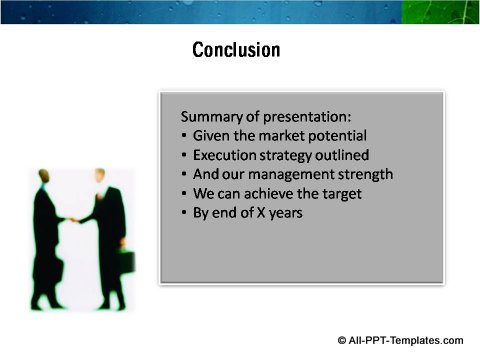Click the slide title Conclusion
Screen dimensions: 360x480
pyautogui.click(x=236, y=49)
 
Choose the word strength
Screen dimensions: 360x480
pyautogui.click(x=360, y=174)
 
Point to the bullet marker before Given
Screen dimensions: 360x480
pyautogui.click(x=186, y=136)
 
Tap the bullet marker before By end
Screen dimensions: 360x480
pyautogui.click(x=186, y=213)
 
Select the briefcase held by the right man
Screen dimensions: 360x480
pyautogui.click(x=127, y=261)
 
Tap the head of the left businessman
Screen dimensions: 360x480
pyautogui.click(x=46, y=177)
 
